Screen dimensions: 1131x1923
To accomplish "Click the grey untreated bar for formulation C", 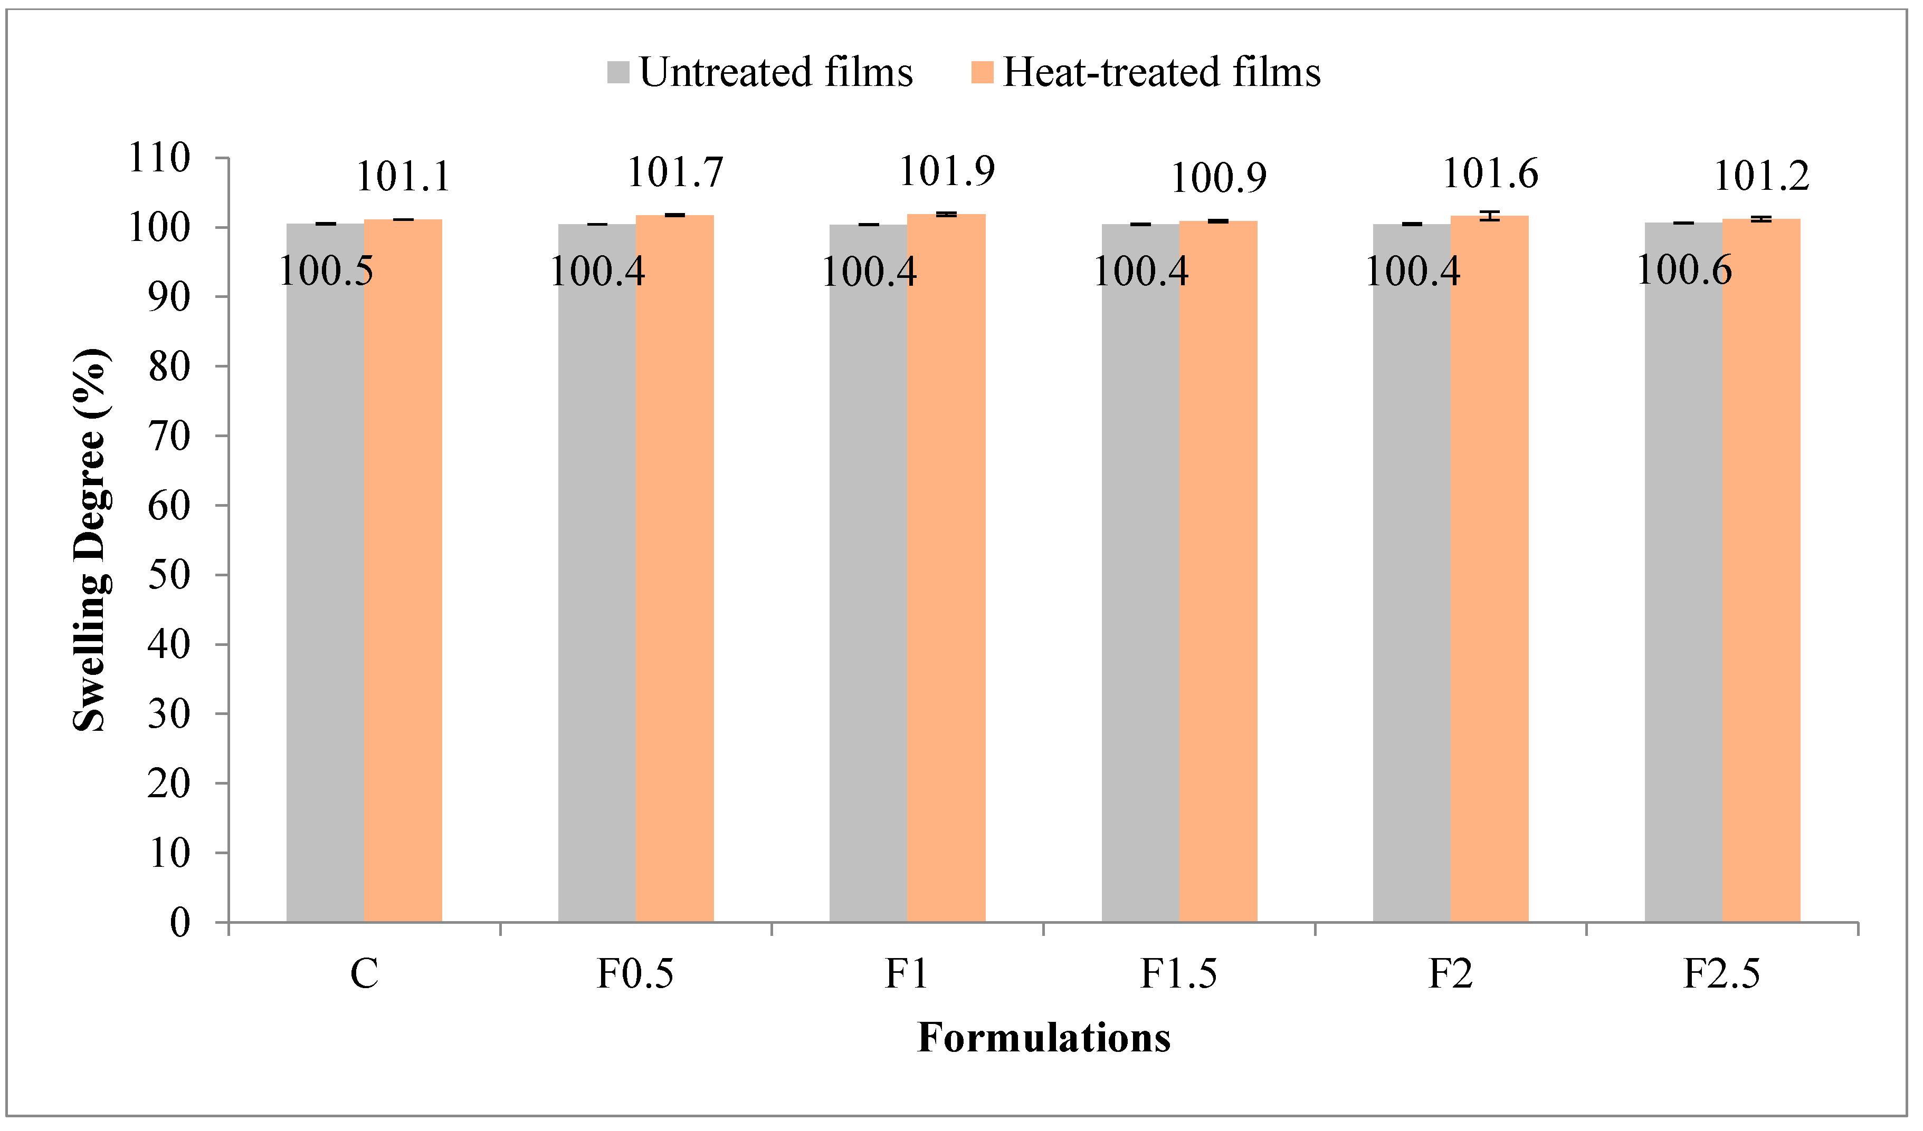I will click(x=326, y=572).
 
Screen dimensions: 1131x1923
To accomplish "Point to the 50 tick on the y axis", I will click(x=169, y=575).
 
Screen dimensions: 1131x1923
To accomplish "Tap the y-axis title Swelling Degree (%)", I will click(x=91, y=540).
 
